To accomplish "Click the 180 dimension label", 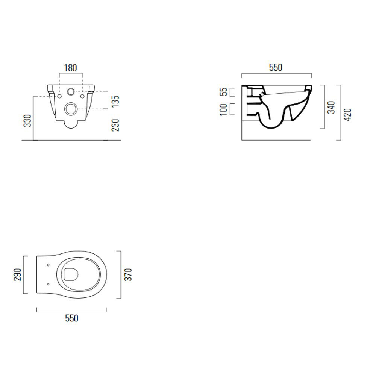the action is tap(71, 68).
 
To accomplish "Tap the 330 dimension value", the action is tap(27, 121).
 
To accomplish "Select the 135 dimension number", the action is tap(115, 102).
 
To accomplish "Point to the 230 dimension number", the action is tap(115, 125).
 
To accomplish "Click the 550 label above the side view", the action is tap(276, 67).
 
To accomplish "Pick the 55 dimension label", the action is tap(223, 92).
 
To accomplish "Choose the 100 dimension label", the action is tap(223, 109).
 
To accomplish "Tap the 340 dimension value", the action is tap(331, 107).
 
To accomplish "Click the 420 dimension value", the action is tap(347, 115).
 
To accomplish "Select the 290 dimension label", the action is tap(18, 274).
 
